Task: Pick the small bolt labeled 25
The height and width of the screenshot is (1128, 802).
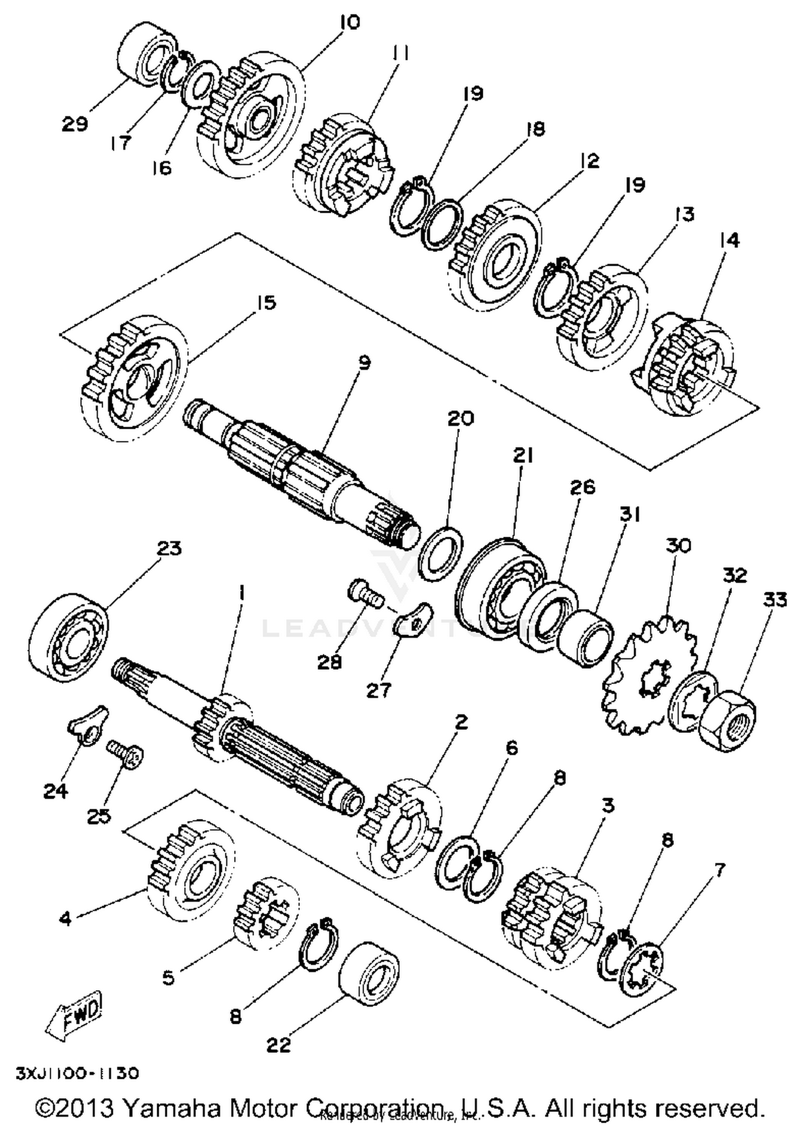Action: (x=126, y=755)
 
